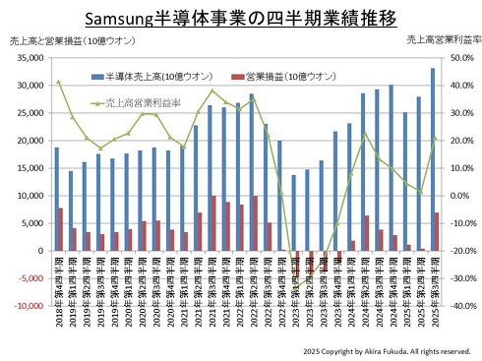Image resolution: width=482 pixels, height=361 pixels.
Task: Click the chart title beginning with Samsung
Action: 241,19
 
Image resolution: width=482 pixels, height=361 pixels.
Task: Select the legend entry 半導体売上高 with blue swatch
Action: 143,76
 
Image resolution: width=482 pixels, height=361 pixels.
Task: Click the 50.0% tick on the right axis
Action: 460,58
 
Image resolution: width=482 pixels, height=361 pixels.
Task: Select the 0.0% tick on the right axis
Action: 460,196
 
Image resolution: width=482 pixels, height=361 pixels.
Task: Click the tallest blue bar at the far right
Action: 432,157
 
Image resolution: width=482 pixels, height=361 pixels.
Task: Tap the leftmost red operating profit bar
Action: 61,229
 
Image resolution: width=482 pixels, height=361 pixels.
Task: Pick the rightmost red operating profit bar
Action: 437,231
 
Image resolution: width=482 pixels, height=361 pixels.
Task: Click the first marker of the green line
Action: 59,82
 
